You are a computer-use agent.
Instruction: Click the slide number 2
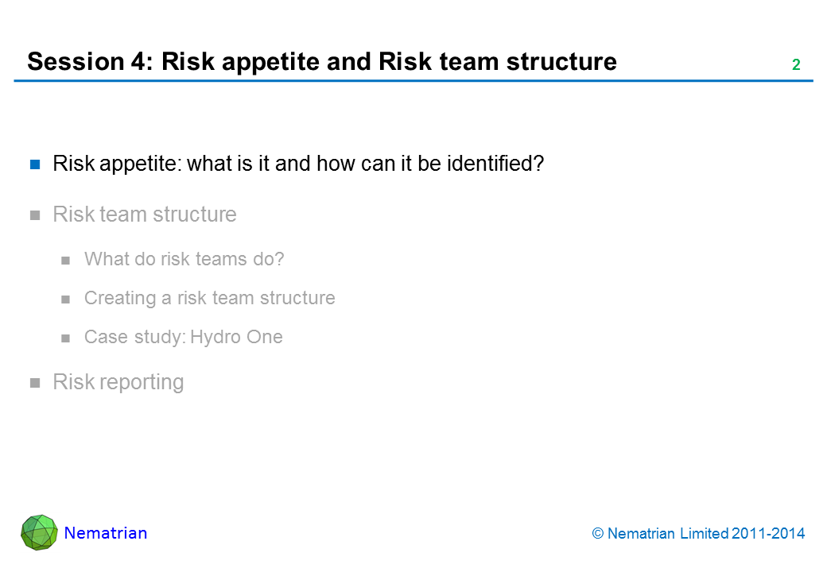pos(796,65)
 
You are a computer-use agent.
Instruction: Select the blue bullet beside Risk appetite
pos(35,165)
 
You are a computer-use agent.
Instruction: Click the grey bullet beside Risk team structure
pos(35,214)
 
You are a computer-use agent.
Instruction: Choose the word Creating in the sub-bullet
pos(120,298)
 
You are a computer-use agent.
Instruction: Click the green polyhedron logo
pos(39,532)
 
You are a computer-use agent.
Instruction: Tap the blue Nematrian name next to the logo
pos(106,533)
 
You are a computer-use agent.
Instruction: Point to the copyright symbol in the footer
pos(597,534)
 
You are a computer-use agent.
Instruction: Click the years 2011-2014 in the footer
pos(768,534)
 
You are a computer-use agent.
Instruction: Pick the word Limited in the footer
pos(705,534)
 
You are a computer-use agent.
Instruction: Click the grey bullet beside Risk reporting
pos(35,383)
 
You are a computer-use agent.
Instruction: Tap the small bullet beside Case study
pos(65,338)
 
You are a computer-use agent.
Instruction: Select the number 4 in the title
pos(138,62)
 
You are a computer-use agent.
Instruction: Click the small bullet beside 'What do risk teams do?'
pos(65,261)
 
